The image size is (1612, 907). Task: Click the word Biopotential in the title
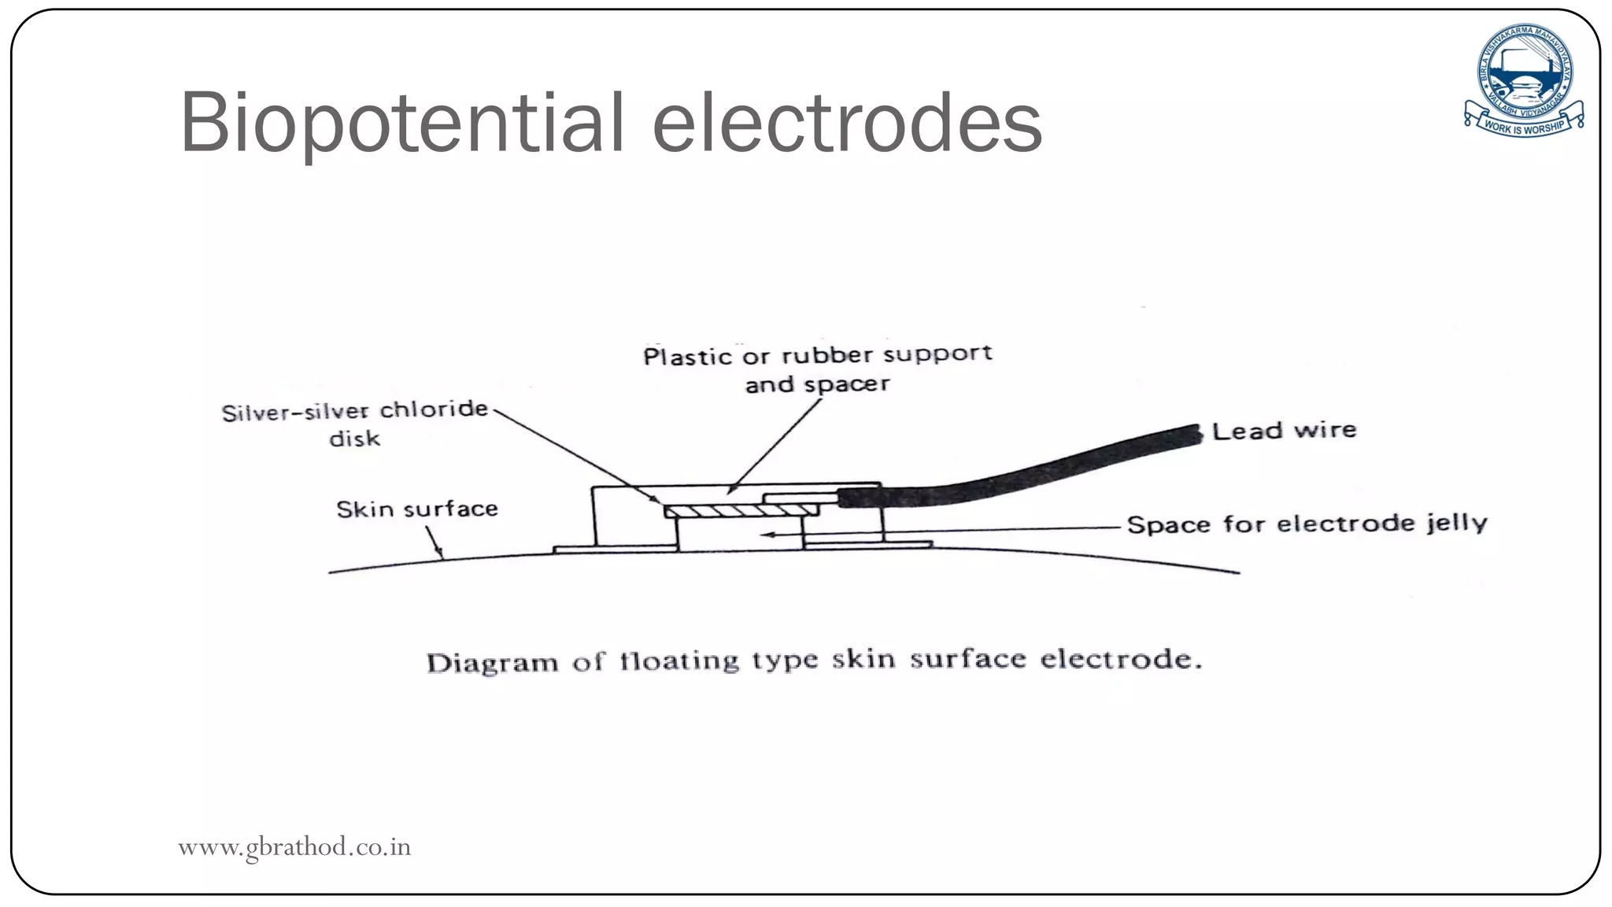401,124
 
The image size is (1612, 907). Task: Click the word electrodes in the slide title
847,124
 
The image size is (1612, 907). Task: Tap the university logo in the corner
1524,79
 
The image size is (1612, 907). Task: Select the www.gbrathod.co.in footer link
294,847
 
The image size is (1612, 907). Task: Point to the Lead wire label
1284,431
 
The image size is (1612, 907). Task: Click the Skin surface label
417,509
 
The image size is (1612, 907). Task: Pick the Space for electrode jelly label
1307,524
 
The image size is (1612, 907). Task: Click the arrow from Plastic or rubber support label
775,445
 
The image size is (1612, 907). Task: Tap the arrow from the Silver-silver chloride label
575,455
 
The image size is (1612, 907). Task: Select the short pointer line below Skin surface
434,542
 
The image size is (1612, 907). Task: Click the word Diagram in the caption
492,662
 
